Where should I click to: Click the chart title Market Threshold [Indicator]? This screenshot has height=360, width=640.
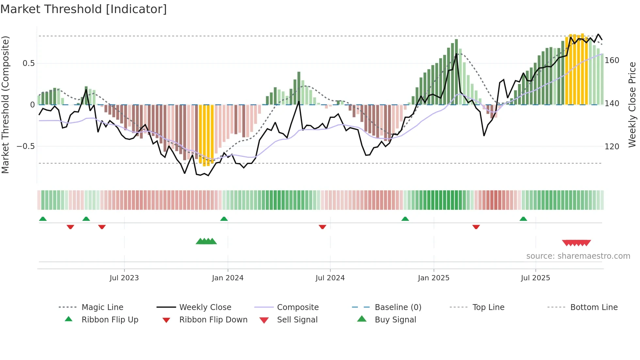point(84,9)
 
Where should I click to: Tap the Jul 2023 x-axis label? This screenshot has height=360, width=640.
point(124,278)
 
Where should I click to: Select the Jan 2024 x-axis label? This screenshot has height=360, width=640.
point(228,278)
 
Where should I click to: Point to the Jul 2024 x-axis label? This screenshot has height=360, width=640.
point(330,278)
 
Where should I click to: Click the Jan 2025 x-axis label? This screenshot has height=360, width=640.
point(433,278)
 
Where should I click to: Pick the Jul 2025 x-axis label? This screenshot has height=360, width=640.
point(535,278)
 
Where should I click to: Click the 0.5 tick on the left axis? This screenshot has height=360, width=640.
point(28,63)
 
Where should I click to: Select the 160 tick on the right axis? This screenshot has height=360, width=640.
point(612,60)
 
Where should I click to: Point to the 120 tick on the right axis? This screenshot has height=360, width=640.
point(612,147)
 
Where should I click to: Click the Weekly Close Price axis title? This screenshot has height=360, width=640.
point(632,105)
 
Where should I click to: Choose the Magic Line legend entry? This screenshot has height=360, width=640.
point(102,307)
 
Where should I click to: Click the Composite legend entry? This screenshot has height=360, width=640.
point(297,307)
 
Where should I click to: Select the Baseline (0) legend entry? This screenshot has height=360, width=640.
point(398,307)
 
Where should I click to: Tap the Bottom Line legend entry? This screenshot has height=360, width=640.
point(594,307)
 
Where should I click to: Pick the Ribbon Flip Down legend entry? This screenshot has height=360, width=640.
point(213,320)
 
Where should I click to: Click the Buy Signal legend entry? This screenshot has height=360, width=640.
point(395,320)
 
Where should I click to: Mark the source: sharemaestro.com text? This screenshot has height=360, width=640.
point(578,256)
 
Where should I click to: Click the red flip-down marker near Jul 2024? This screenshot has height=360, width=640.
point(322,227)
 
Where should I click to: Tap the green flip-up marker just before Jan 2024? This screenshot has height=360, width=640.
point(224,219)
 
